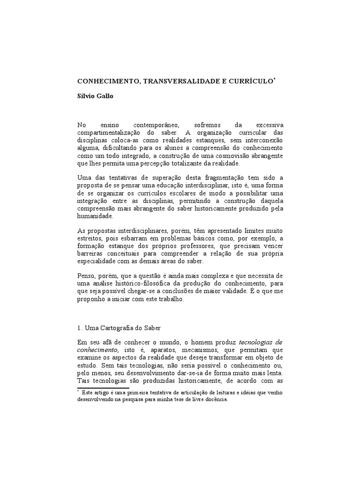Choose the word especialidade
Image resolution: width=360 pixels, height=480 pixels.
pos(98,262)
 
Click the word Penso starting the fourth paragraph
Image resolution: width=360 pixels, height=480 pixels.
pos(86,277)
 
